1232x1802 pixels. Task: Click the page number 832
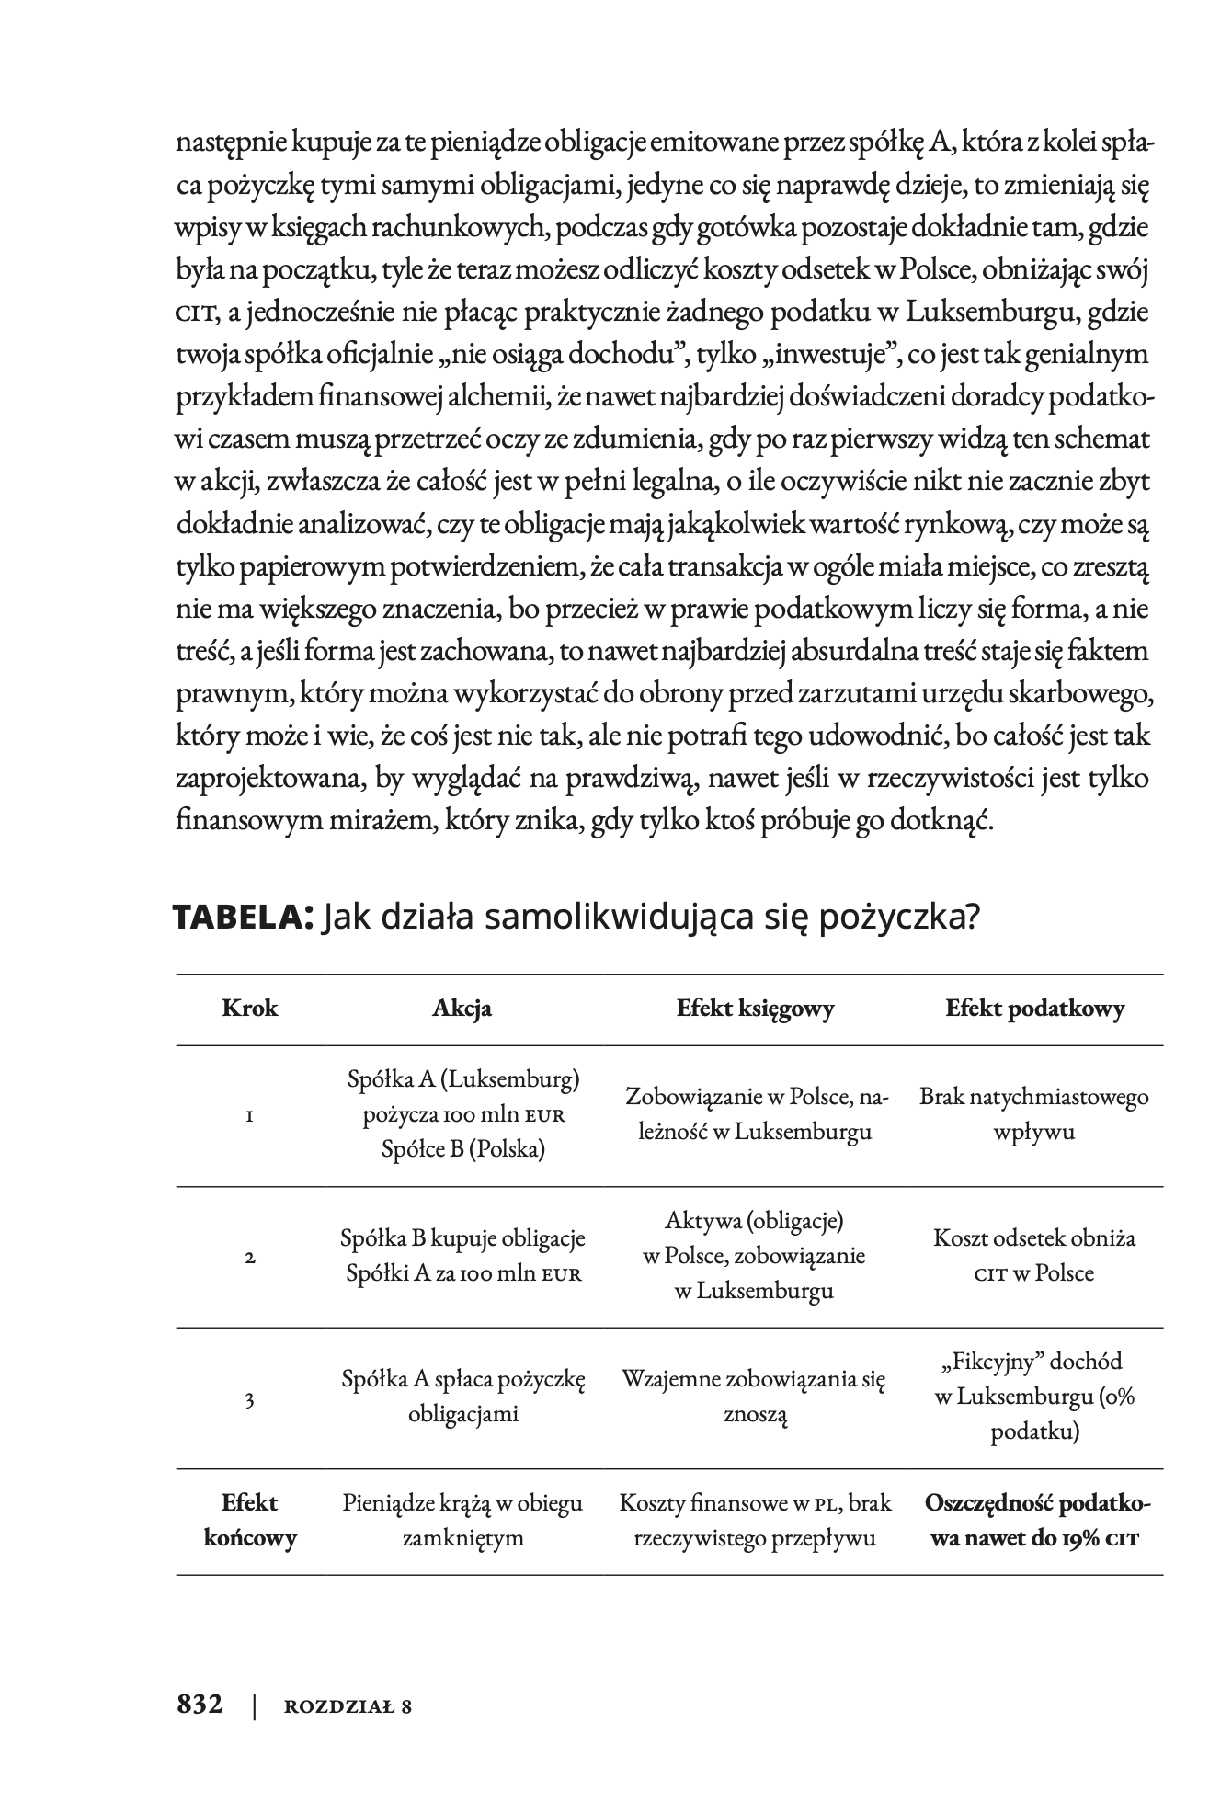click(200, 1704)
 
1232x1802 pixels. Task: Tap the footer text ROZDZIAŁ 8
click(348, 1706)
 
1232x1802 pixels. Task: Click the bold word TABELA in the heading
click(245, 918)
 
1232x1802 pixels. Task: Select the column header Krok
click(250, 1009)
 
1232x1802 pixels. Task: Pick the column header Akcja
click(462, 1009)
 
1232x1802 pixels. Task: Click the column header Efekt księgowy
click(755, 1009)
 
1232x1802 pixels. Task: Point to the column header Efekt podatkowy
click(1034, 1009)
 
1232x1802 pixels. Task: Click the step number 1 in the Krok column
click(250, 1116)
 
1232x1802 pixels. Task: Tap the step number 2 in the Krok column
click(250, 1257)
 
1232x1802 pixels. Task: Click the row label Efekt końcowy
click(250, 1521)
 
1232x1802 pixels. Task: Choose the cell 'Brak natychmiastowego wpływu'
click(1034, 1114)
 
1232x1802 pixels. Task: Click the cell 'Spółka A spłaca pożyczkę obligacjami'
click(463, 1396)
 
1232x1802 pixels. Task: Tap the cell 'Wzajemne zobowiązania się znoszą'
click(755, 1396)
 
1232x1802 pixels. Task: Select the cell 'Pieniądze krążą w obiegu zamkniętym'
click(463, 1521)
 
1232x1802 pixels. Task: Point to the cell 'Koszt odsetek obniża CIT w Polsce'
click(1034, 1256)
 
